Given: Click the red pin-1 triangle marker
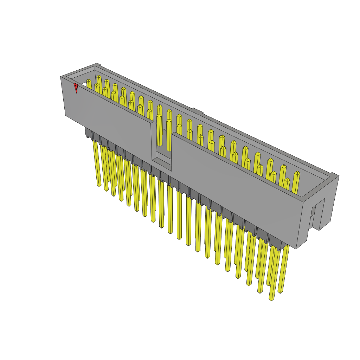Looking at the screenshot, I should click(x=76, y=87).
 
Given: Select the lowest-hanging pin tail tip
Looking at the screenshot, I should click(x=271, y=299).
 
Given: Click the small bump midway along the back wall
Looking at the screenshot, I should click(x=198, y=111).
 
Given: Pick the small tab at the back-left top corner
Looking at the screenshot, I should click(x=99, y=65).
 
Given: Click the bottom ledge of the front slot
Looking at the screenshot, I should click(x=162, y=163).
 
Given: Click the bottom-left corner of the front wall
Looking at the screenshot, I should click(x=66, y=115).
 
